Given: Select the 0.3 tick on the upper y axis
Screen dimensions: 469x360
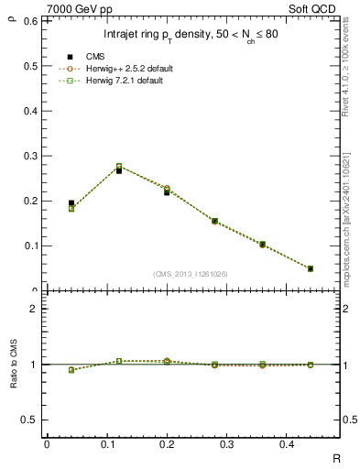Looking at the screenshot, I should click(30, 156).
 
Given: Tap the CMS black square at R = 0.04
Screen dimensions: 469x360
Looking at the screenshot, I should click(71, 203).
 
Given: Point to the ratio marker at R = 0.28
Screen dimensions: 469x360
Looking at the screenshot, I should click(214, 365).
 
